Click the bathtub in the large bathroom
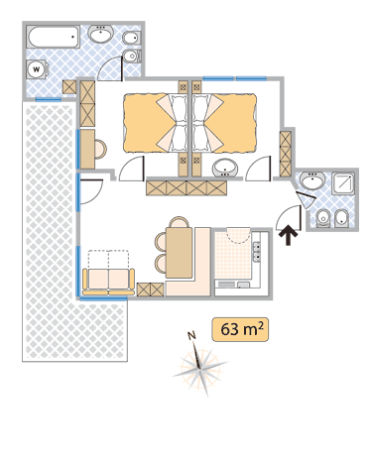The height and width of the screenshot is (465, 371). [54, 37]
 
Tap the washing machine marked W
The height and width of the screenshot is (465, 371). [37, 69]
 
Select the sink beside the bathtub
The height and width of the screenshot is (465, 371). [101, 34]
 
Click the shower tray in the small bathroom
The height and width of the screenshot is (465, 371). [343, 182]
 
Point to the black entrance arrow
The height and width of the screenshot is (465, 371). [289, 235]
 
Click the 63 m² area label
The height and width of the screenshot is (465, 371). [240, 329]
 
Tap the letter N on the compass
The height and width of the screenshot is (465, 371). [191, 335]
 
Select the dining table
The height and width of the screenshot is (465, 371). [179, 253]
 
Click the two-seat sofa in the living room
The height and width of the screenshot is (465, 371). [108, 281]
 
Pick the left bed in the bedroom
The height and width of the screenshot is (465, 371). [156, 123]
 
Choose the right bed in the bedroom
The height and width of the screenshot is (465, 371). [225, 123]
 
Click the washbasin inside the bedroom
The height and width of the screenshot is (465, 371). [225, 168]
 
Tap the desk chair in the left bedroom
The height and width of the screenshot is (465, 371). [100, 150]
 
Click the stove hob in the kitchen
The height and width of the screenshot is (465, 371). [257, 252]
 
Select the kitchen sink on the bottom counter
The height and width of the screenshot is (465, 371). [244, 285]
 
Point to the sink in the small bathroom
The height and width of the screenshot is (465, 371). [312, 180]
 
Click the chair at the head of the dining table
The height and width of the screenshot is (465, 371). [179, 222]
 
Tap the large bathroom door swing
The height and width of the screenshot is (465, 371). [110, 68]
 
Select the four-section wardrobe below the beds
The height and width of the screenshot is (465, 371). [186, 187]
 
